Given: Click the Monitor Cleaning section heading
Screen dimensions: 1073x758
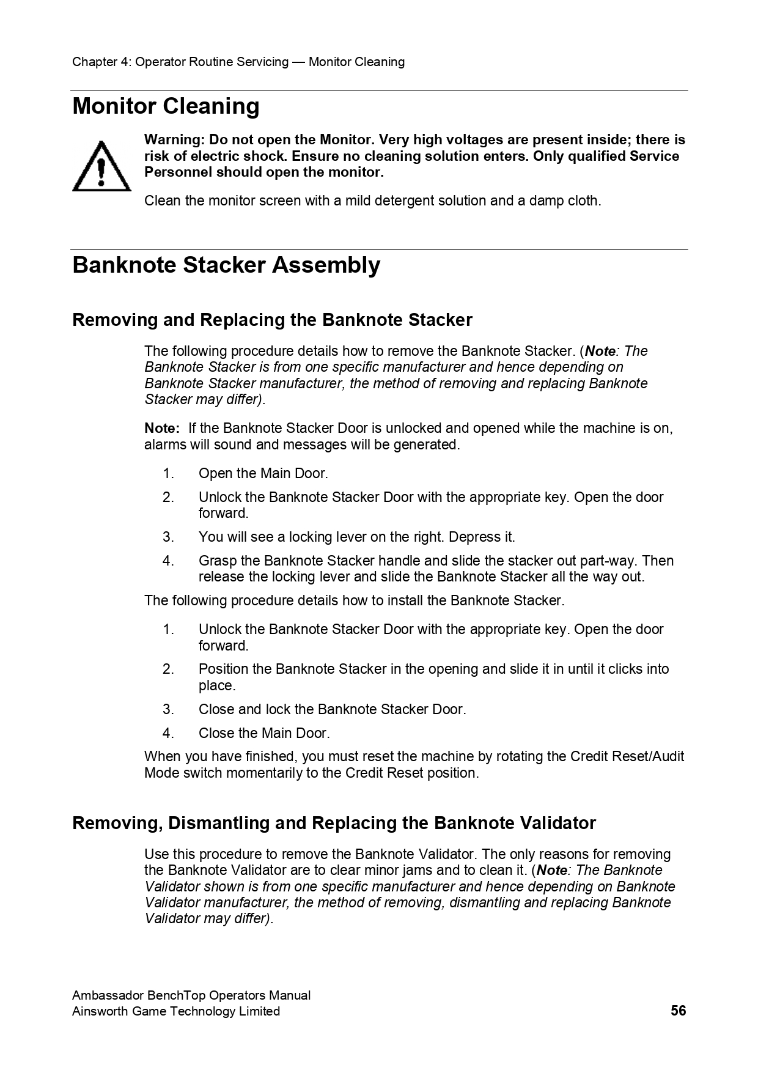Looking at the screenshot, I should coord(166,106).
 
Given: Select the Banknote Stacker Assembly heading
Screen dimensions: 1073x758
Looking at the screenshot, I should coord(226,265).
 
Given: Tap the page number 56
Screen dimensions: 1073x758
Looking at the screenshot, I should coord(678,1011).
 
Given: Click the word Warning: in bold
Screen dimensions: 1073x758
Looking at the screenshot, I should coord(173,140).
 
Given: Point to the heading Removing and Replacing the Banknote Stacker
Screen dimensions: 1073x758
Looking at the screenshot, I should coord(272,320).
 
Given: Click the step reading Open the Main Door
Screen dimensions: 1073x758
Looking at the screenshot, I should coord(263,473).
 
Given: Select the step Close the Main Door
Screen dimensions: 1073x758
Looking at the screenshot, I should coord(263,733).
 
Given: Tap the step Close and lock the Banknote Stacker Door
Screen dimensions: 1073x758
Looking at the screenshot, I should coord(332,709).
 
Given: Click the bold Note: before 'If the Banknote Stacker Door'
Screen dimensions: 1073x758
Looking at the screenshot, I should coord(162,428).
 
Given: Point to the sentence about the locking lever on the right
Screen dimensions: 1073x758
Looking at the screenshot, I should coord(356,537).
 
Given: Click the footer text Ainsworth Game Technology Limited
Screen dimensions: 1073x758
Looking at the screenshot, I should coord(176,1011).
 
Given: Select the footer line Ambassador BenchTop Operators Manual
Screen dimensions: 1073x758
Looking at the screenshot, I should coord(191,995).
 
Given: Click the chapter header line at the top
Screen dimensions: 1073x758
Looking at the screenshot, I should coord(238,62).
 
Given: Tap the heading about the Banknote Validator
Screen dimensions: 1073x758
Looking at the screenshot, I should coord(334,824).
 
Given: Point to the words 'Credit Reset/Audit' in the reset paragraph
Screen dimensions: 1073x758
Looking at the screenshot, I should coord(627,757).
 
